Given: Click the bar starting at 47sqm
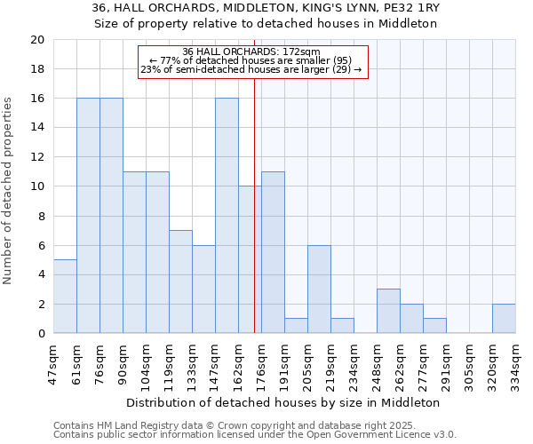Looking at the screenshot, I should click(x=65, y=297).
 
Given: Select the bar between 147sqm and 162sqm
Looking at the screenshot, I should click(x=227, y=216).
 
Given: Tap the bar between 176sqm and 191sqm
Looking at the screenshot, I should click(x=273, y=252).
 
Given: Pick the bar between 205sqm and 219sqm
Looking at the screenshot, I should click(x=319, y=289).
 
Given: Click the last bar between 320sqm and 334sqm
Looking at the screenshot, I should click(x=504, y=319).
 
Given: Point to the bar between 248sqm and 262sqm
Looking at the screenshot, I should click(x=388, y=312).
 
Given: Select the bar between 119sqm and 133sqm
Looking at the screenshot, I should click(x=180, y=281).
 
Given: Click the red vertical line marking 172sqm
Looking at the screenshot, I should click(x=255, y=222).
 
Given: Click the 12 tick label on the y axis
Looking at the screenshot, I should click(x=37, y=157).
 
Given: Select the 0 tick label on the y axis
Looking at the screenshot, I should click(x=41, y=334).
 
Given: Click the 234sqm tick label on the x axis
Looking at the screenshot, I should click(x=354, y=364).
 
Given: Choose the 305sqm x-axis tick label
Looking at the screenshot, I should click(x=469, y=364).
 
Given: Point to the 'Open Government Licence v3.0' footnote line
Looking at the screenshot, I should click(x=255, y=435).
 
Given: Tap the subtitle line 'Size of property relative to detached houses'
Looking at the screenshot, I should click(x=266, y=24).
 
